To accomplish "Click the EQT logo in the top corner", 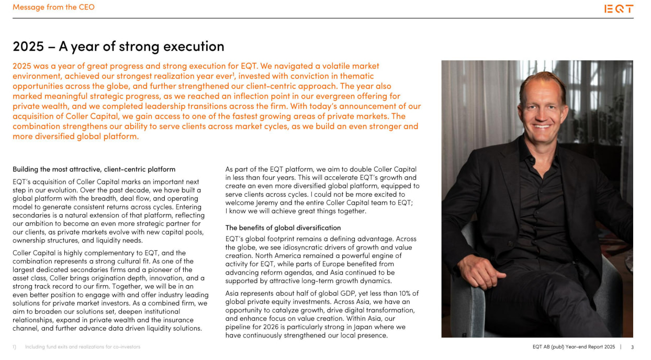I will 619,9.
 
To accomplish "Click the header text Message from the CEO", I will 53,7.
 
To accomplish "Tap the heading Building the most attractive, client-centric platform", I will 94,169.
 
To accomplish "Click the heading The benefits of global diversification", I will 283,228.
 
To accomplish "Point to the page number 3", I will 632,347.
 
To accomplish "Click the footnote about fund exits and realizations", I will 83,347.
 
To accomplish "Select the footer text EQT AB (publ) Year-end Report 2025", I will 573,347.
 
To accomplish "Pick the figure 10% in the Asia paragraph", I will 399,293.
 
